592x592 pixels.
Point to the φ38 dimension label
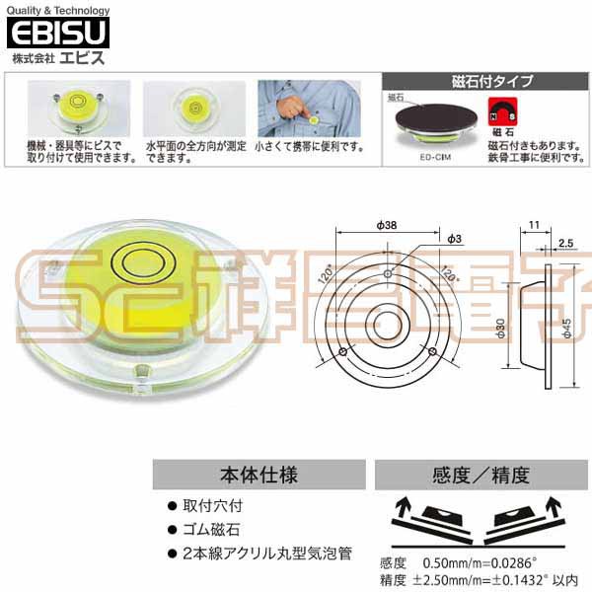tap(387, 226)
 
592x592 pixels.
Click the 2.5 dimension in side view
tap(566, 241)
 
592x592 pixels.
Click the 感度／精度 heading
tap(473, 474)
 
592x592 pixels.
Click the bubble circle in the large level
tap(144, 260)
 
